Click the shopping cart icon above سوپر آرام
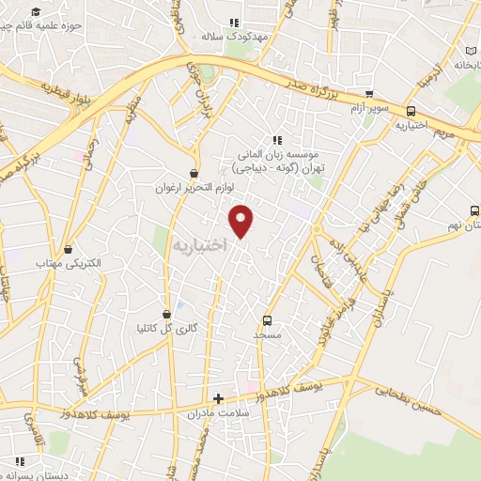[369, 94]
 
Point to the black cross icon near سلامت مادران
[219, 398]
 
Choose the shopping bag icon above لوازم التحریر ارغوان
[194, 173]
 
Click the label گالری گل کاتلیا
[167, 328]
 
